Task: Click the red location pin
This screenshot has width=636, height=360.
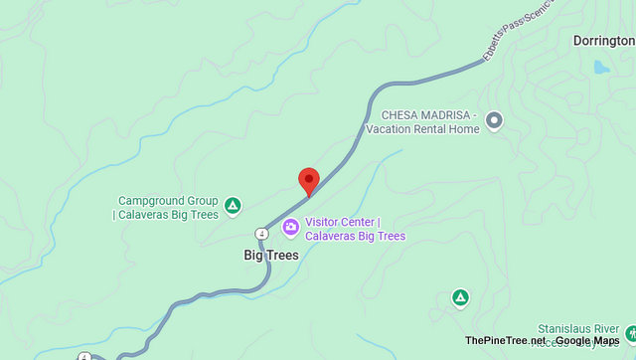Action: pyautogui.click(x=309, y=180)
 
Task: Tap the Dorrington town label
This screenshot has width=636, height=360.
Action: pyautogui.click(x=603, y=41)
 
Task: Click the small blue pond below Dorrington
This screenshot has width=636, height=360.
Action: pyautogui.click(x=600, y=68)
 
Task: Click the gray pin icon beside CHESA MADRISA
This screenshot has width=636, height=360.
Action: pyautogui.click(x=494, y=120)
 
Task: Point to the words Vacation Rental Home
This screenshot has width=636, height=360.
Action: pyautogui.click(x=421, y=128)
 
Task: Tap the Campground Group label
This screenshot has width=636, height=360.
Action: pyautogui.click(x=168, y=200)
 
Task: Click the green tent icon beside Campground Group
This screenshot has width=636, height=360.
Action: pyautogui.click(x=232, y=206)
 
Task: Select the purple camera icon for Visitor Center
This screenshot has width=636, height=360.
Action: pyautogui.click(x=290, y=227)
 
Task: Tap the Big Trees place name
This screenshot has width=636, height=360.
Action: pyautogui.click(x=271, y=255)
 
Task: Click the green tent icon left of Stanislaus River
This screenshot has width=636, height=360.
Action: pyautogui.click(x=460, y=296)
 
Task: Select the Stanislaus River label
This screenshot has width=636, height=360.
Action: pyautogui.click(x=578, y=327)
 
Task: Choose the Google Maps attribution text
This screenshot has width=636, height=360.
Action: pyautogui.click(x=587, y=341)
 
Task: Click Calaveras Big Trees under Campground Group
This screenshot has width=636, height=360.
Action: pyautogui.click(x=168, y=214)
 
